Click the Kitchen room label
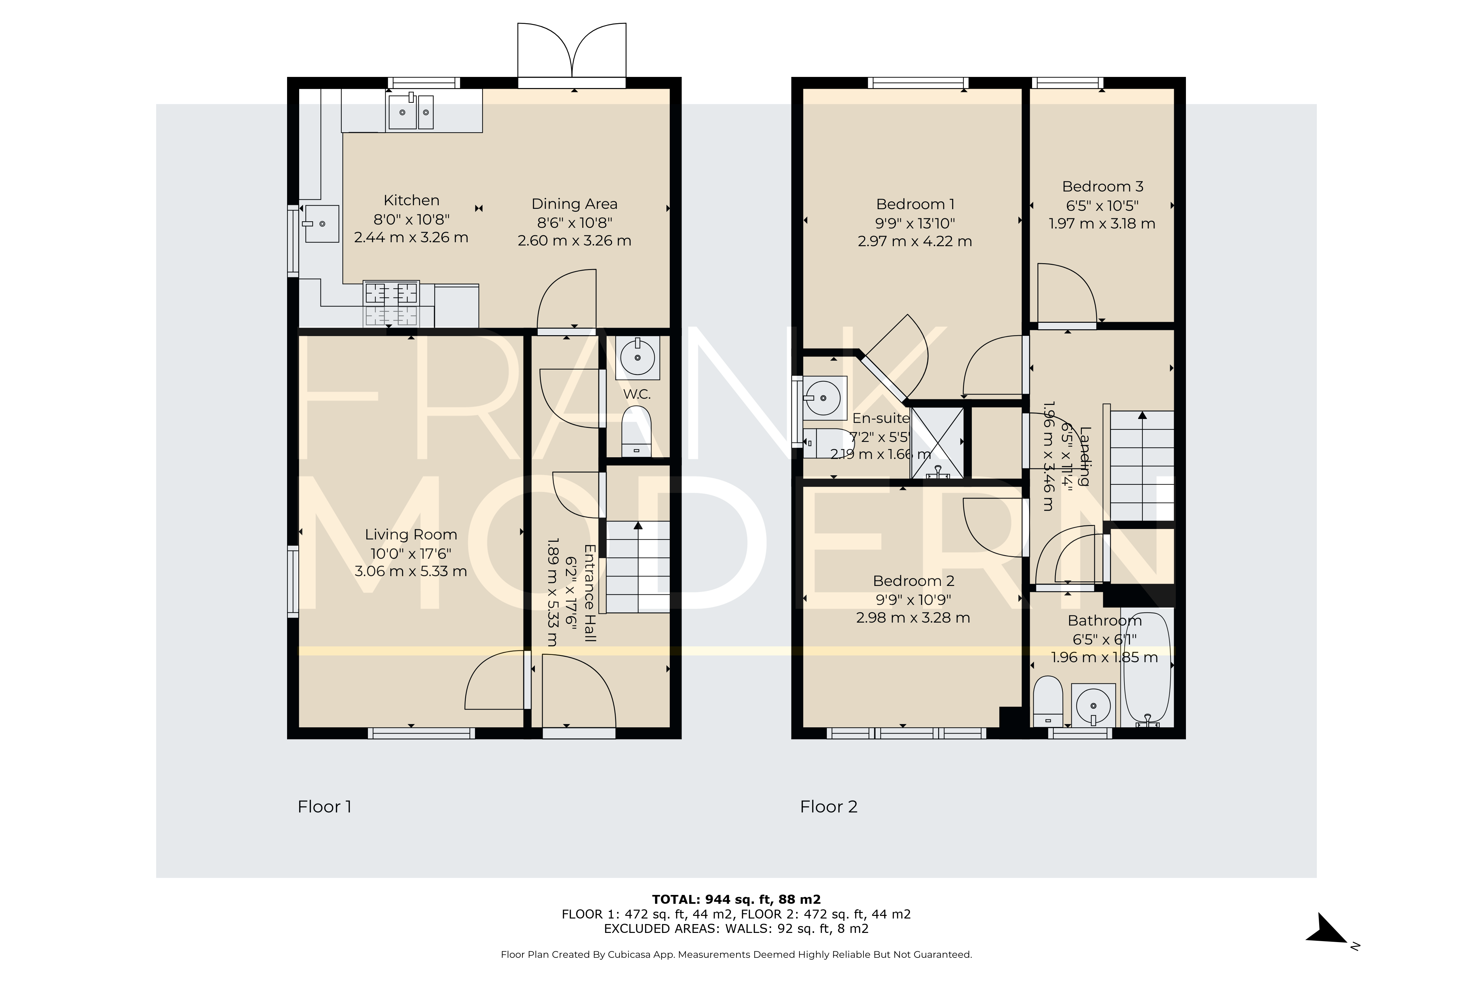pos(411,200)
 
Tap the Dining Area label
pos(574,204)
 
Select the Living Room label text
pos(411,535)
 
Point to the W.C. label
pos(637,394)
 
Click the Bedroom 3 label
pos(1103,187)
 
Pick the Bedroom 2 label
pos(914,581)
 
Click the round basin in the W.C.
pos(638,357)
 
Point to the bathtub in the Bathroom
pos(1147,669)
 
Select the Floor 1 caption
pos(324,807)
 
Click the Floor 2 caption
pos(828,807)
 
